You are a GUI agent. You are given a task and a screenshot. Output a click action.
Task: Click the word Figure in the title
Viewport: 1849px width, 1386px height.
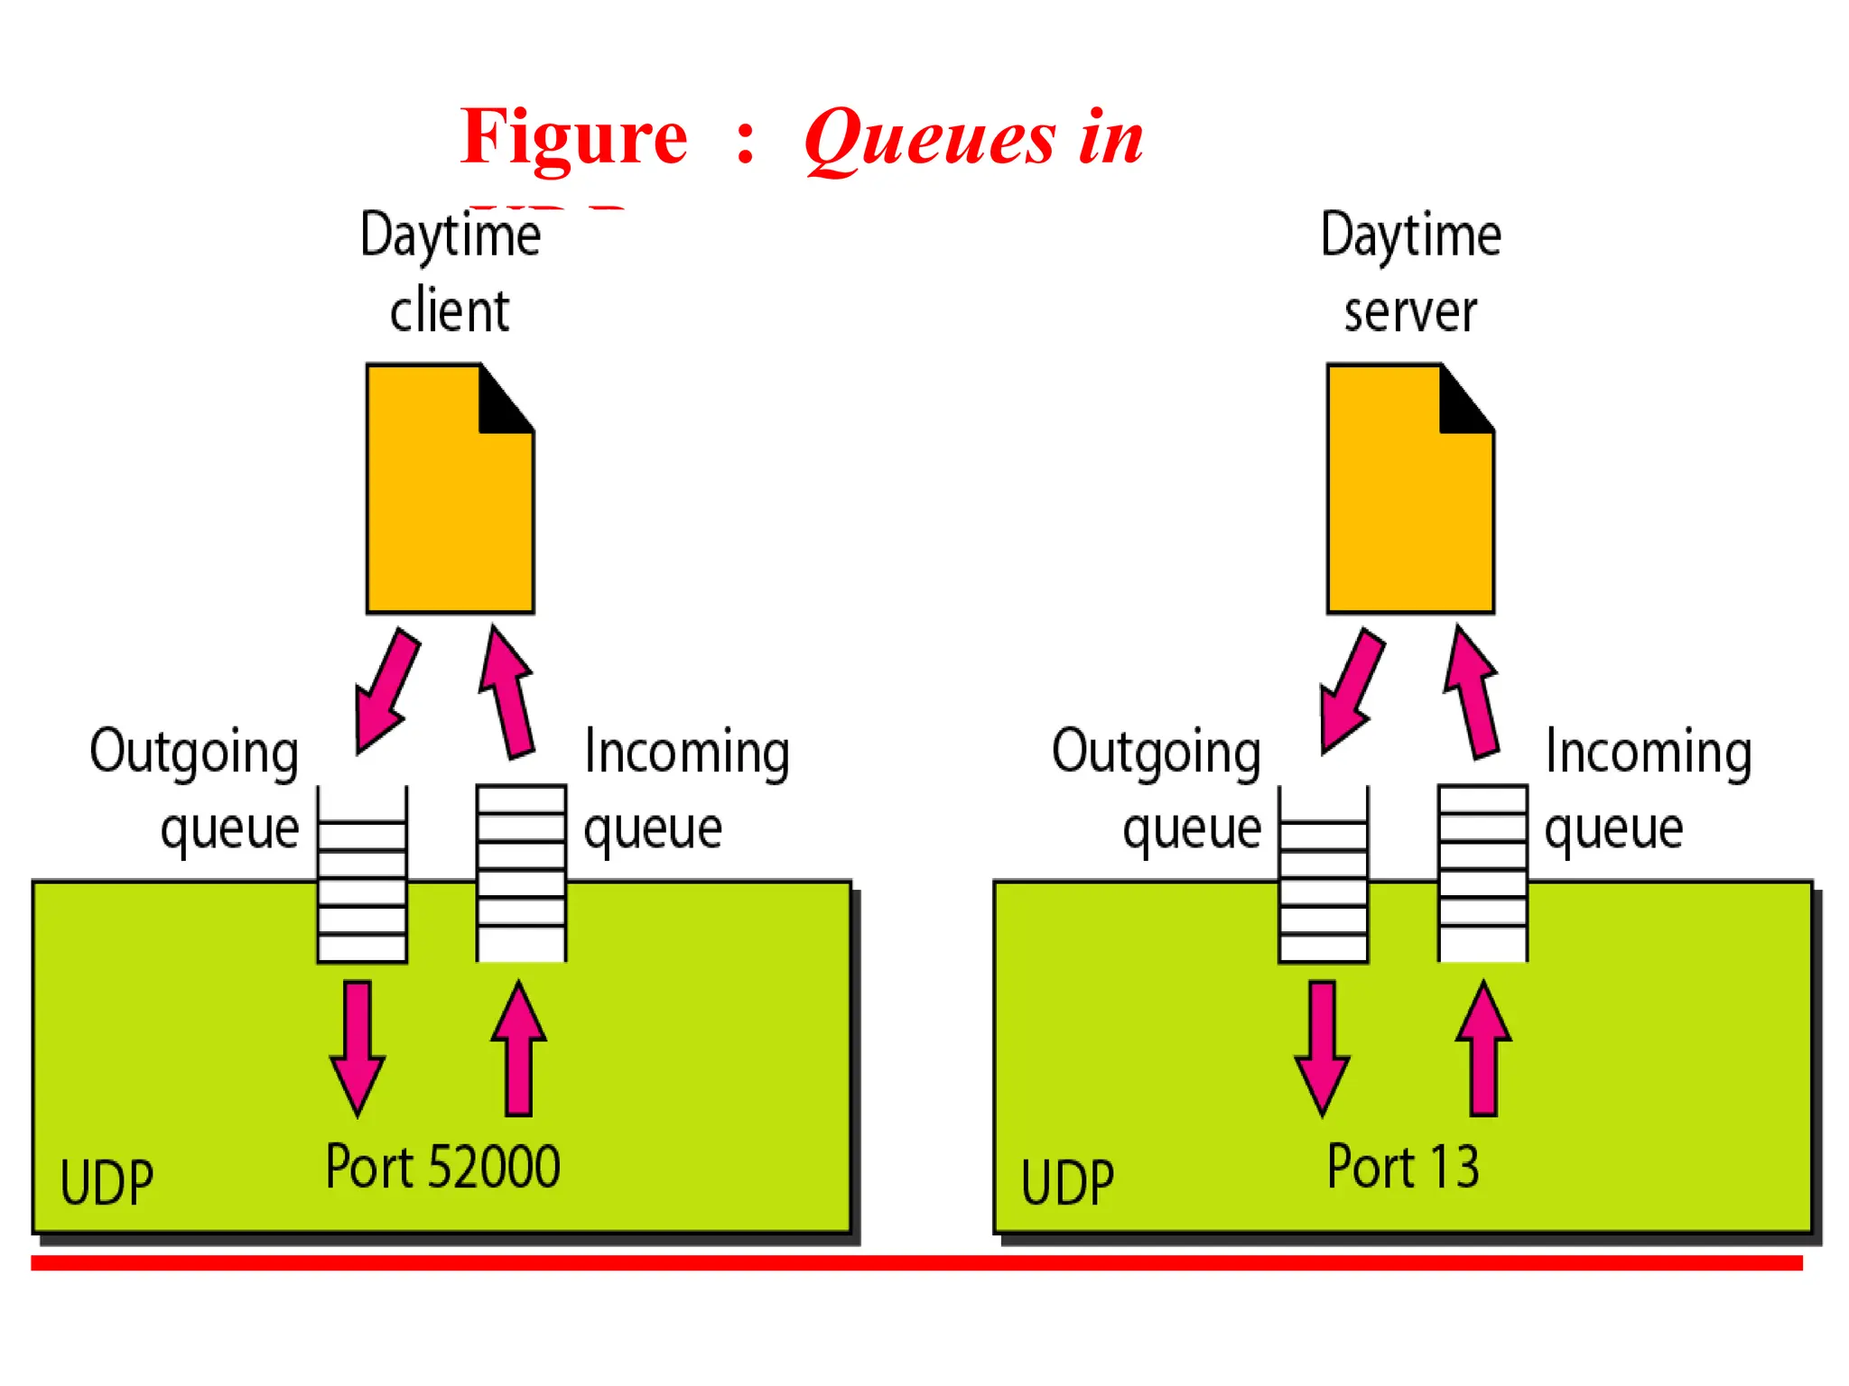[x=573, y=137]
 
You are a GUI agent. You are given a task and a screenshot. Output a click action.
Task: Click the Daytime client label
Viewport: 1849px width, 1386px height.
[x=451, y=272]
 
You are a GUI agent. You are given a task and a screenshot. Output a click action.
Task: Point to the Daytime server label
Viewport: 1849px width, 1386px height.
[x=1410, y=272]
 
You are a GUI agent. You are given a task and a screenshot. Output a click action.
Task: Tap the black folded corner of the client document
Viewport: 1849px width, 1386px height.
[x=501, y=404]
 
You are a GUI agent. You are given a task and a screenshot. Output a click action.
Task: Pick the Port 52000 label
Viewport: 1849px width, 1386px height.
[x=442, y=1167]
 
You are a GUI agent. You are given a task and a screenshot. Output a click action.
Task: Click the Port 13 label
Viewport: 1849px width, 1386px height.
[x=1403, y=1167]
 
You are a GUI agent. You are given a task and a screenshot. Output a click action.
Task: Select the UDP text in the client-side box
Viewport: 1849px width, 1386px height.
[x=107, y=1182]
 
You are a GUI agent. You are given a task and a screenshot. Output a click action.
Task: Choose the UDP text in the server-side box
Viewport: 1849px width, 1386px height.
[x=1068, y=1182]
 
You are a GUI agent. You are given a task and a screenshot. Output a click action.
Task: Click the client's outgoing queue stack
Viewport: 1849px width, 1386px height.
[x=362, y=875]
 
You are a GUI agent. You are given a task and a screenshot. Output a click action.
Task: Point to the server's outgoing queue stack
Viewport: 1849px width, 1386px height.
[x=1324, y=875]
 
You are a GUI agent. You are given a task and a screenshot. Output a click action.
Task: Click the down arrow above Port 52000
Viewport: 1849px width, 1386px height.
[x=358, y=1047]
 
